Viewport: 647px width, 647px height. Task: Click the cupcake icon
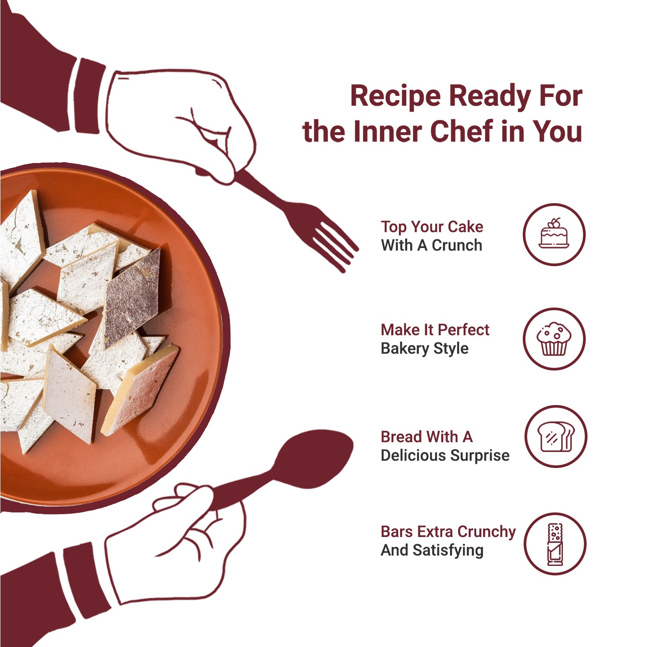tap(554, 339)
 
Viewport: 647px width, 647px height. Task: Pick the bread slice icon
tap(556, 436)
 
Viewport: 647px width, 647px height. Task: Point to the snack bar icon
tap(555, 544)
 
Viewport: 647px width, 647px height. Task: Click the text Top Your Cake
tap(432, 227)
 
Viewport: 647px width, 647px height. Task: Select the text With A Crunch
tap(431, 245)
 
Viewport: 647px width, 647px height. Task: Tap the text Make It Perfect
tap(435, 330)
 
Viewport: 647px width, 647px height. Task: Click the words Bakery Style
tap(424, 349)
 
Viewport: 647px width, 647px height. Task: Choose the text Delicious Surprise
tap(445, 456)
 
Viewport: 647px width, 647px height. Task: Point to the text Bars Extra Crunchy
tap(448, 532)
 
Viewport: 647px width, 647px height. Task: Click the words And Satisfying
tap(432, 551)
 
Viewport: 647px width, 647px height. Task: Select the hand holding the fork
tap(181, 125)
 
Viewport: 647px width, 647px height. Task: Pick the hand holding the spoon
tap(173, 548)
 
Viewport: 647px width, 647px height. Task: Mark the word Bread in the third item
tap(402, 437)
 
